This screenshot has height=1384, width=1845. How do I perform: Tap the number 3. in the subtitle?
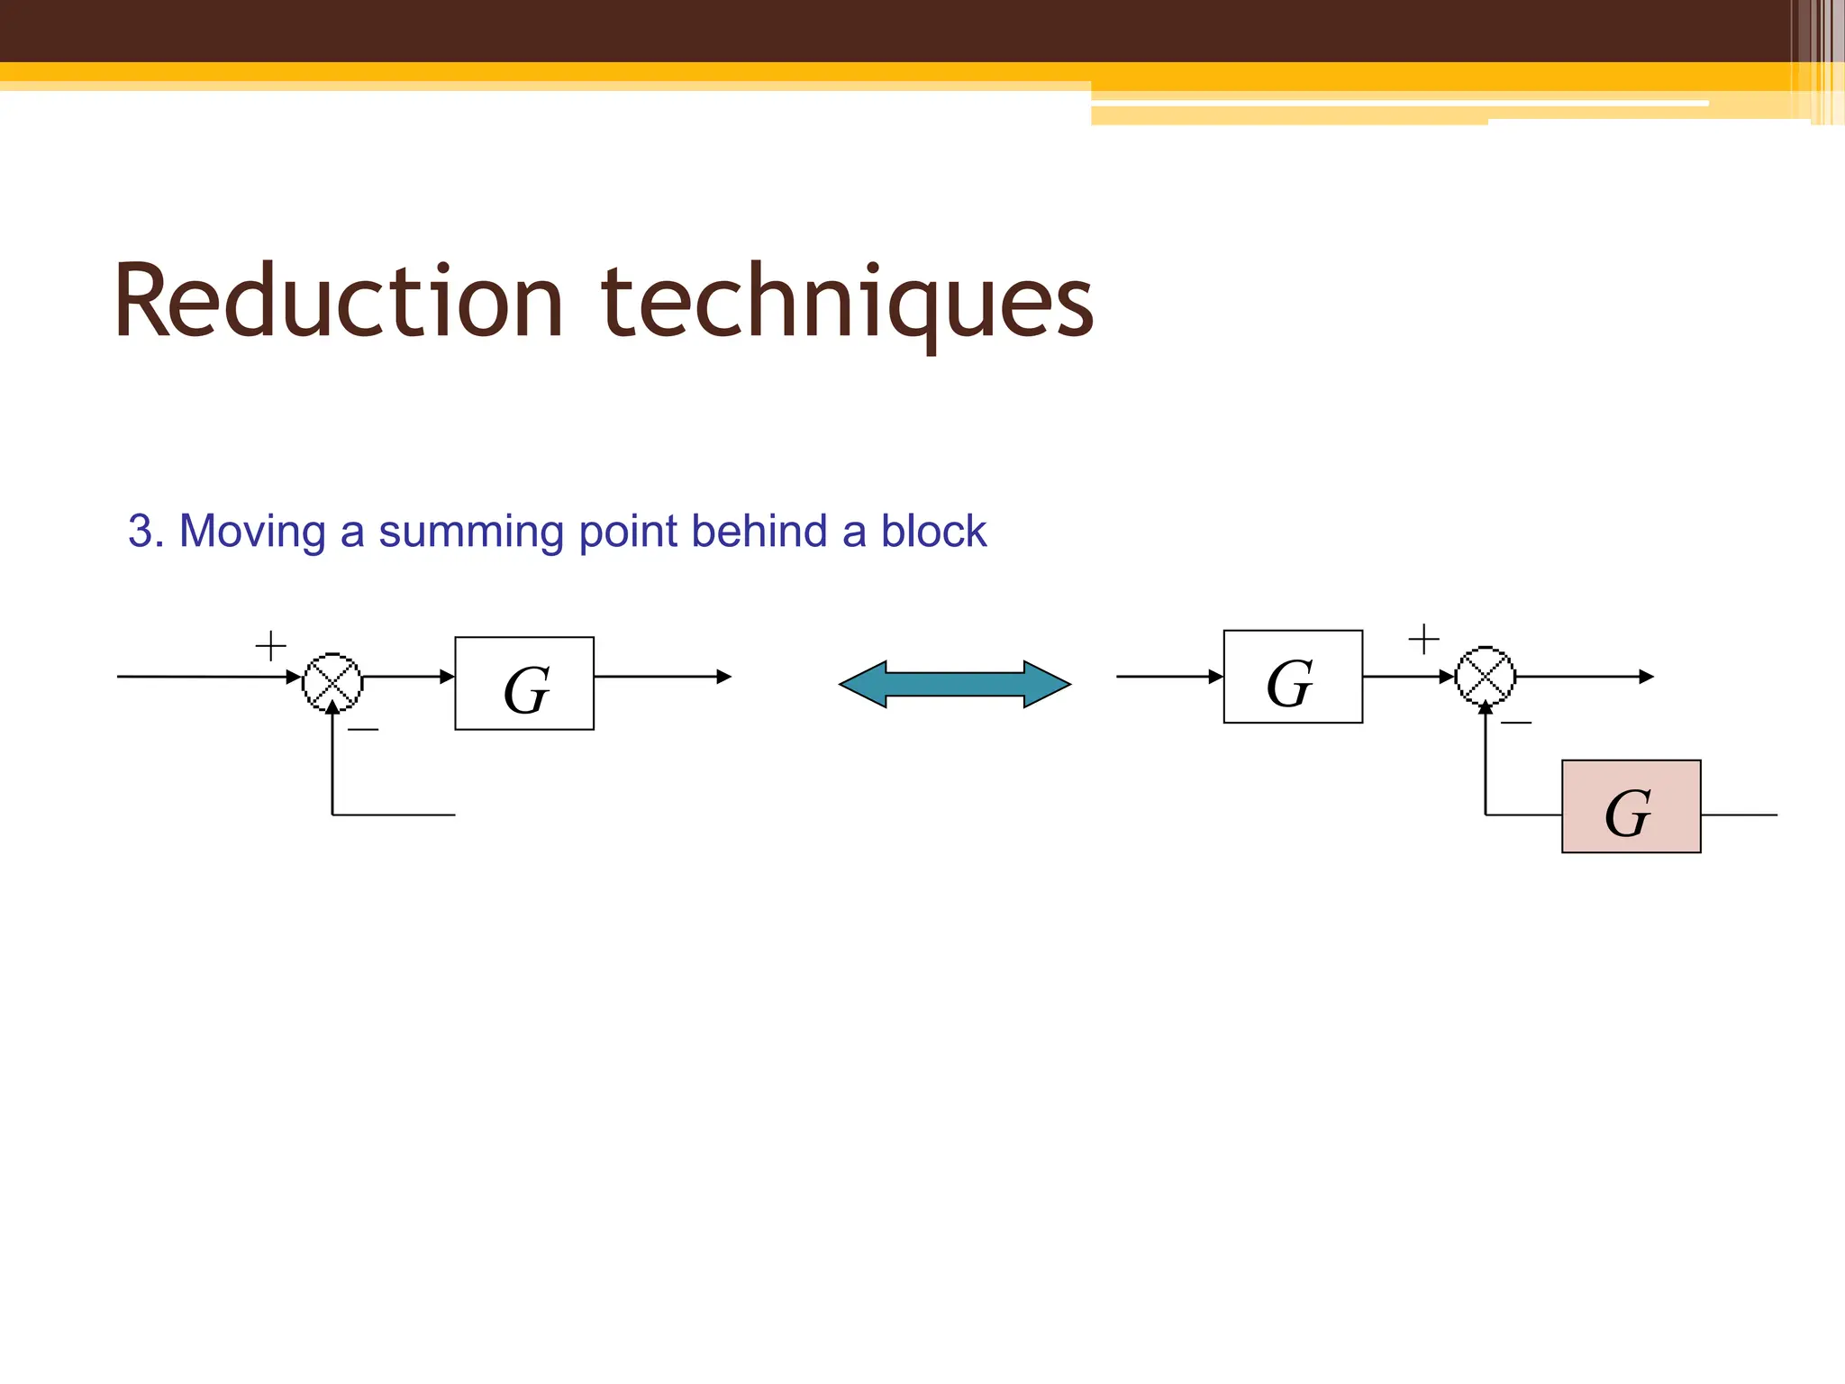pyautogui.click(x=146, y=531)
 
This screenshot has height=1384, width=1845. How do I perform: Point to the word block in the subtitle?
pyautogui.click(x=933, y=531)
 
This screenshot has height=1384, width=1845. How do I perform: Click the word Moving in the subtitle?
pyautogui.click(x=252, y=532)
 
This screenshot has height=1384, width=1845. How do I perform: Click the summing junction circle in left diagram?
pyautogui.click(x=332, y=682)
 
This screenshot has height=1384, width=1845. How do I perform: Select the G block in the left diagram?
pyautogui.click(x=524, y=684)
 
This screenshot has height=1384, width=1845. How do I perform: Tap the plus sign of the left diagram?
pyautogui.click(x=271, y=646)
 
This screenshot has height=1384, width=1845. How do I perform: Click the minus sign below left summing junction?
pyautogui.click(x=363, y=729)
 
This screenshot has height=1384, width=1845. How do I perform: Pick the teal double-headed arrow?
pyautogui.click(x=955, y=685)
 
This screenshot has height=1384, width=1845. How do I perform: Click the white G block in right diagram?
pyautogui.click(x=1293, y=677)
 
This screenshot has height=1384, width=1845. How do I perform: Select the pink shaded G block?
pyautogui.click(x=1631, y=806)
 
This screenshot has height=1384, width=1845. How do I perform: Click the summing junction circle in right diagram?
pyautogui.click(x=1486, y=676)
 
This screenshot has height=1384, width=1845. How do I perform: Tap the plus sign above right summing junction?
pyautogui.click(x=1423, y=639)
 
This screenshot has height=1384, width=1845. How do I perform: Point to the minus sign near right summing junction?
pyautogui.click(x=1516, y=723)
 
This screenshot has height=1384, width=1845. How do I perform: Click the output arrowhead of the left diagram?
pyautogui.click(x=724, y=677)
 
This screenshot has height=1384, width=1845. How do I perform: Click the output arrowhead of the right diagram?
pyautogui.click(x=1647, y=677)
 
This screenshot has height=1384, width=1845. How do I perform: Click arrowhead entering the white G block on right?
pyautogui.click(x=1216, y=677)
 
